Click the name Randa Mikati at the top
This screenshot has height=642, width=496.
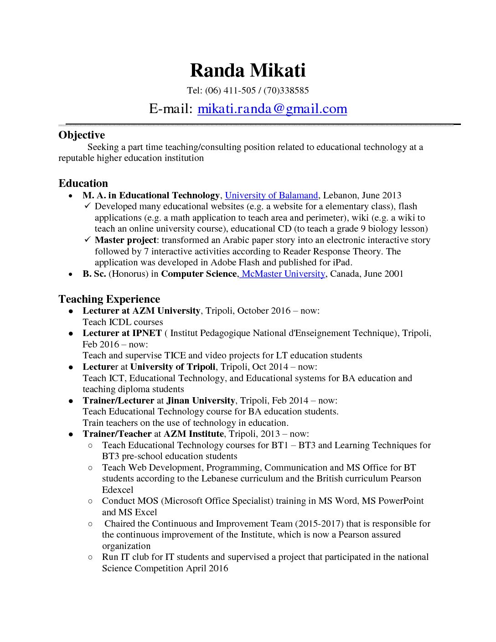tap(248, 71)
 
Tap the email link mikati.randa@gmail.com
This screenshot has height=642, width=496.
tap(272, 109)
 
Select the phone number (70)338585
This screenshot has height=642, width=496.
tap(286, 90)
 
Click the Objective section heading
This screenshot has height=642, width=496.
tap(82, 135)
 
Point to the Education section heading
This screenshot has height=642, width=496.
tap(83, 183)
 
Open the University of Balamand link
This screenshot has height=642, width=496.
tap(271, 196)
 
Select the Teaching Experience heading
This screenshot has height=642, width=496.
tap(109, 299)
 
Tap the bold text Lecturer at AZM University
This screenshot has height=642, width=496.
tap(141, 311)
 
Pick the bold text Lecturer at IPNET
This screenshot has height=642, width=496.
tap(122, 333)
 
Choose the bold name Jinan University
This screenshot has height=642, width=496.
tap(201, 401)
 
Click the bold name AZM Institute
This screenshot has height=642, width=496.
tap(193, 434)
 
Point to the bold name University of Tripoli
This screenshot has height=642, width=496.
tap(173, 367)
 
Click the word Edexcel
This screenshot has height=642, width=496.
tap(118, 490)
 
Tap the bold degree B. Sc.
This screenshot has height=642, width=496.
tap(94, 274)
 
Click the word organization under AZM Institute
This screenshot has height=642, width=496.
tap(126, 546)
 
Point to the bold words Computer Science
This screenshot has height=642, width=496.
tap(199, 274)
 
